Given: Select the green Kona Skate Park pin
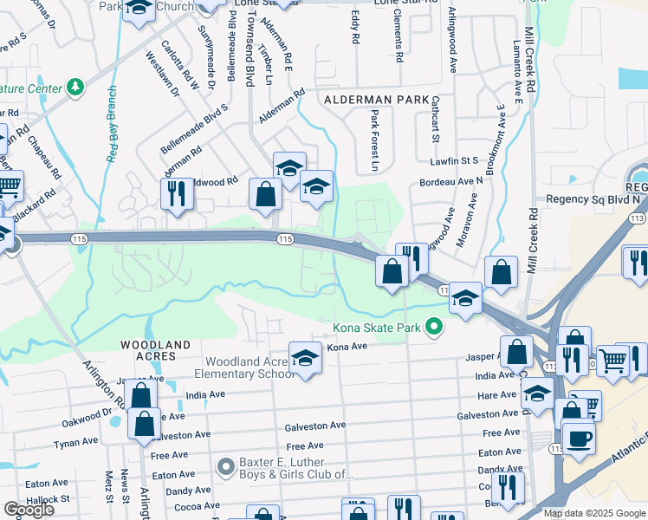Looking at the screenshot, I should point(434,327).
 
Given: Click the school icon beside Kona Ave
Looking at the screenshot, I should point(305,358).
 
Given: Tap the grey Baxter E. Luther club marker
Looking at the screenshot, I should point(226,467).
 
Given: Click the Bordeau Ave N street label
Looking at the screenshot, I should point(450,181).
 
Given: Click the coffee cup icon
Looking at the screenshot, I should point(578,439).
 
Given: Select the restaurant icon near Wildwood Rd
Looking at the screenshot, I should point(177,192).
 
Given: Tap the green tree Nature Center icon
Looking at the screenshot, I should point(76,88).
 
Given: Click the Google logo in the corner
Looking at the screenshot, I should point(29,510).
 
